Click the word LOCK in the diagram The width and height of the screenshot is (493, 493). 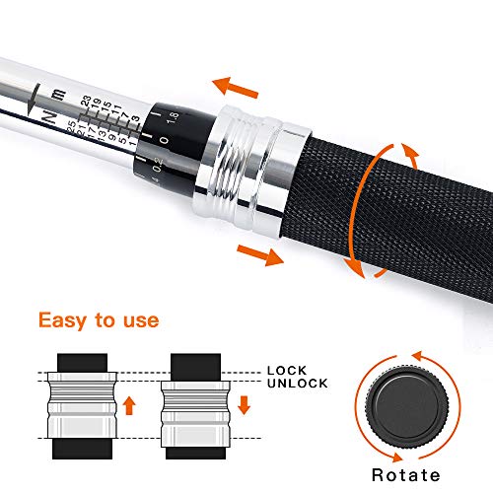(x=287, y=370)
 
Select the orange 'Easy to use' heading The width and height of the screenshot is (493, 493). (x=99, y=320)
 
